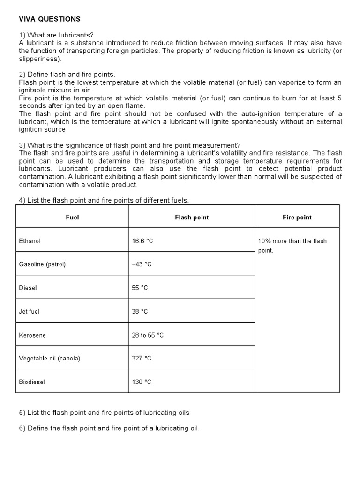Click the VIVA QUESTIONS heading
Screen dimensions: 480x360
pos(50,19)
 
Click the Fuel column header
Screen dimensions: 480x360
pos(73,217)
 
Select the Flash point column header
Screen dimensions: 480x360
pos(192,217)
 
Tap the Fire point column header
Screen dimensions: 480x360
pos(297,217)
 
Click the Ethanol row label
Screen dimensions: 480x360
pos(30,241)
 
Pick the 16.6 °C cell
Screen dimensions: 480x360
pos(143,241)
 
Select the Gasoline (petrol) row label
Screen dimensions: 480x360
pos(42,264)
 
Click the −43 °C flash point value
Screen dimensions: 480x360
pos(142,264)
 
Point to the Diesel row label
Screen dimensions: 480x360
pos(28,288)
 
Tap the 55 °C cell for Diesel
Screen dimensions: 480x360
pos(140,288)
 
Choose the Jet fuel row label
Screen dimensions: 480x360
pos(30,311)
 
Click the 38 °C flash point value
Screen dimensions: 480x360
pos(140,311)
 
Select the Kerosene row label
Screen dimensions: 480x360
pos(32,335)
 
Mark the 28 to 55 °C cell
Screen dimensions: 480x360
pos(148,335)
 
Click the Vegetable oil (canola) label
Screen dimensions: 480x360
pos(50,359)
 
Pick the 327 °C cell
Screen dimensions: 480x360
pos(142,359)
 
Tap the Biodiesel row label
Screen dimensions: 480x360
pos(32,382)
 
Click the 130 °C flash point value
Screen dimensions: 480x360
pos(142,382)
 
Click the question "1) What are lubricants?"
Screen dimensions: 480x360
pos(56,35)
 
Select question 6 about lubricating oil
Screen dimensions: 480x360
pos(109,428)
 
